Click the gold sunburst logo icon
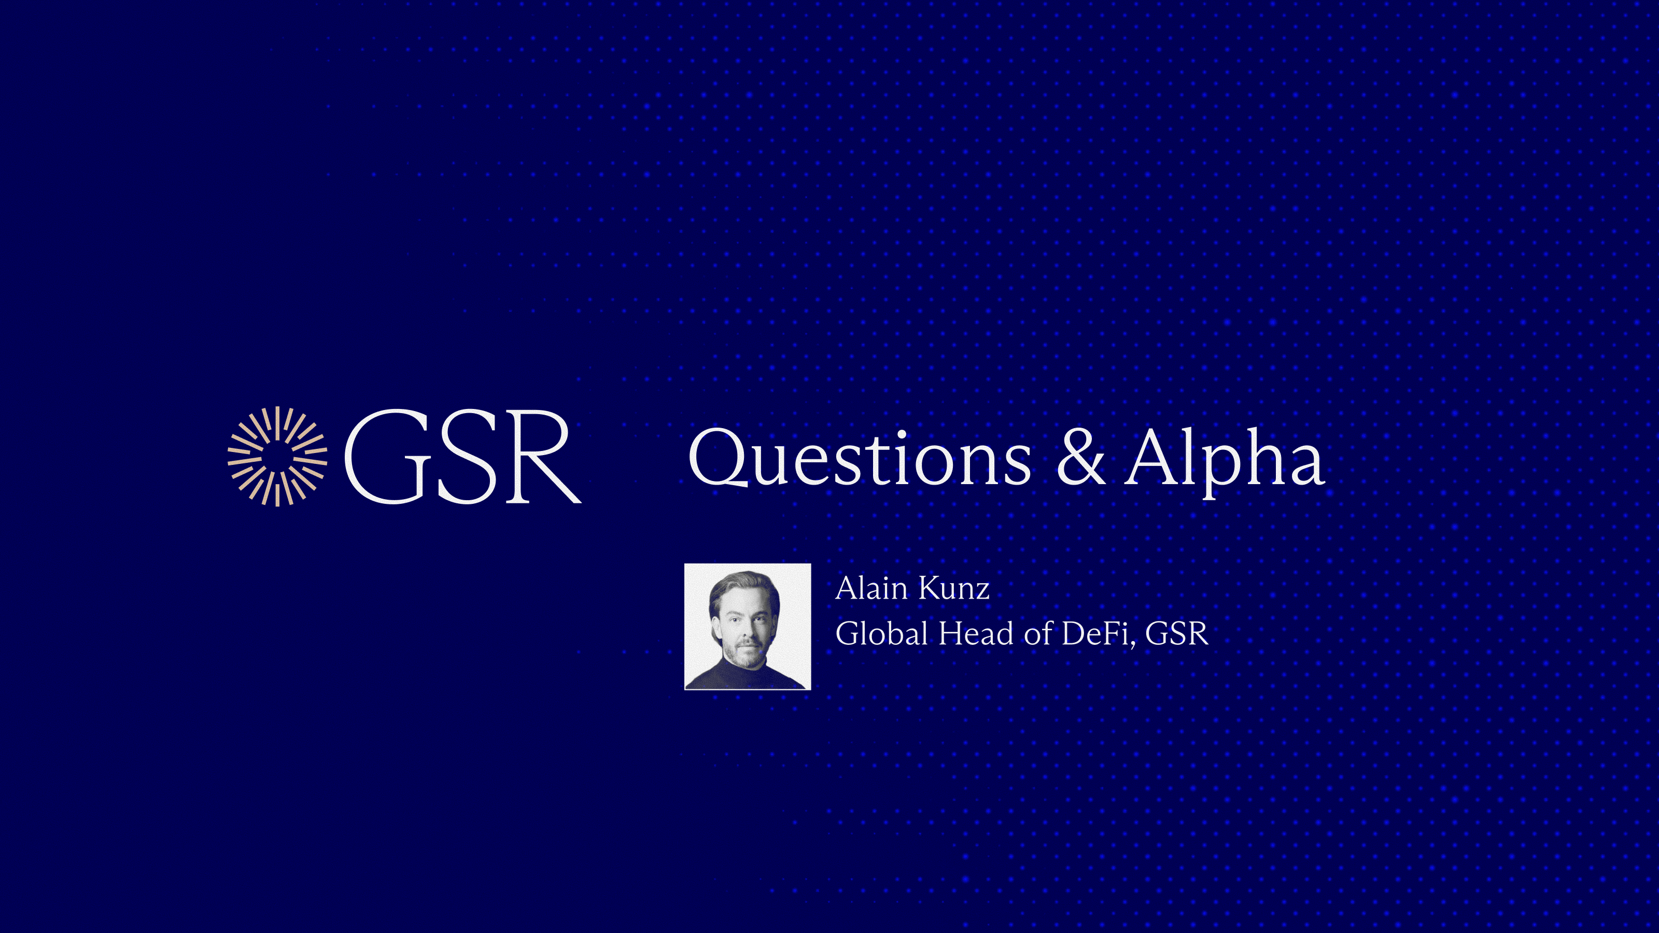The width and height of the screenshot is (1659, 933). [x=277, y=457]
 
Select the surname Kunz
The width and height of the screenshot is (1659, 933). [x=954, y=588]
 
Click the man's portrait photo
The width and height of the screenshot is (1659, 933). [x=748, y=627]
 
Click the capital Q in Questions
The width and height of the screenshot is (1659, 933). [x=716, y=458]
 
